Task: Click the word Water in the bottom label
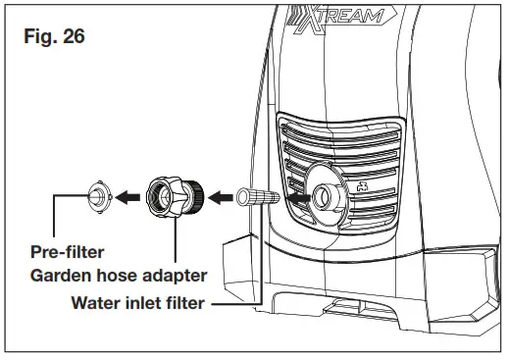(x=96, y=302)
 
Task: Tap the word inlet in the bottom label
(x=145, y=302)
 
